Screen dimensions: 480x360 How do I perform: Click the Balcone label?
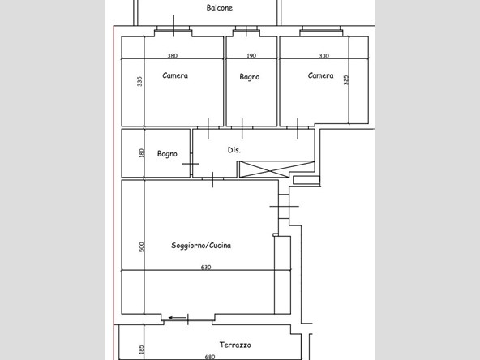pos(220,7)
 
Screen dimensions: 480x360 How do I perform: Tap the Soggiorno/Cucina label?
pos(201,245)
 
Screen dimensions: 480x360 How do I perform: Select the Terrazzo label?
pos(235,345)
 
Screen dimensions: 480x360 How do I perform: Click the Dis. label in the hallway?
pos(234,150)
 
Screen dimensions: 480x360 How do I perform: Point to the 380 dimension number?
pos(173,56)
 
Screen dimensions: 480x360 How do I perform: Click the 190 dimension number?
pos(251,56)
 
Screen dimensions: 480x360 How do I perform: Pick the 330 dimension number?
pos(324,56)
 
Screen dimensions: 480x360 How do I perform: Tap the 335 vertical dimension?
pos(139,81)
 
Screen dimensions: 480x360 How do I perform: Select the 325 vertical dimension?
pos(346,80)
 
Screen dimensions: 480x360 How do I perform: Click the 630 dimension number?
pos(206,268)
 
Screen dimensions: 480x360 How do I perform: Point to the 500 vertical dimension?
pos(141,246)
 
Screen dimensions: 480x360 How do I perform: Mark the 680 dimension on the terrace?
pos(210,357)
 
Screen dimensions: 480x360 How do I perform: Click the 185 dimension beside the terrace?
pos(141,349)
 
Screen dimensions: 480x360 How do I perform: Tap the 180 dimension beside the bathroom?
pos(141,153)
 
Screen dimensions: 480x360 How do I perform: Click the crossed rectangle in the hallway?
pos(276,169)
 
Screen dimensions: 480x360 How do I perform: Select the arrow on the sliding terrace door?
pos(178,318)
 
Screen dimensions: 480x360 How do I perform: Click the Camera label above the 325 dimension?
pos(320,75)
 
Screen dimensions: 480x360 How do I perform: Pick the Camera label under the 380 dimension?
pos(175,75)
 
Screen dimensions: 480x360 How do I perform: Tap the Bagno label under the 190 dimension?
pos(250,77)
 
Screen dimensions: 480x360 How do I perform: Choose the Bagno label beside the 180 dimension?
pos(167,154)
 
